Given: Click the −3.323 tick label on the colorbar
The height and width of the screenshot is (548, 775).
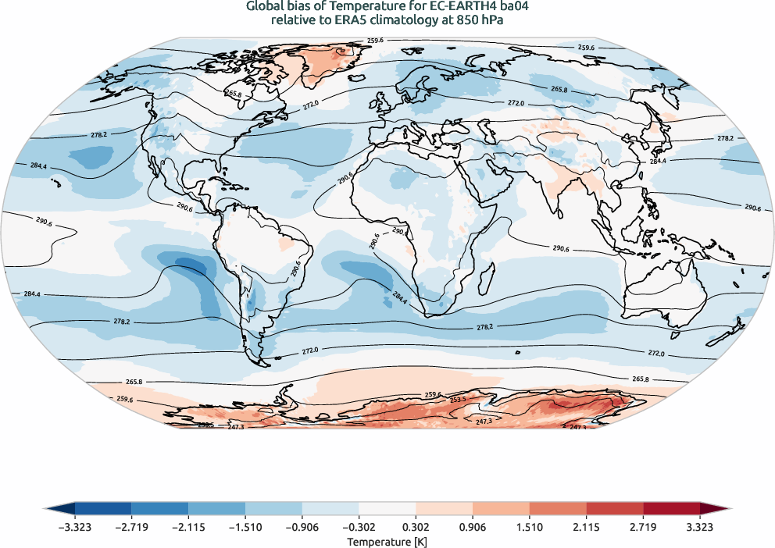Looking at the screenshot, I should (x=75, y=527).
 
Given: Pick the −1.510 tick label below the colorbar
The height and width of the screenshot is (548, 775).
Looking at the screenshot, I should (x=245, y=527).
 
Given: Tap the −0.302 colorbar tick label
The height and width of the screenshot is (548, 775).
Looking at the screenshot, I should (x=359, y=527).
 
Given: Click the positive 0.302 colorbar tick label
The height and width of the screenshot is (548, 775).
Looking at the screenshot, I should (x=416, y=527).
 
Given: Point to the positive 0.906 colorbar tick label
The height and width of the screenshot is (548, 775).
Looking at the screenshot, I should (x=473, y=527).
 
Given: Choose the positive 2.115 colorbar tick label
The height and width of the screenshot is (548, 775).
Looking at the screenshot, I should (x=586, y=527).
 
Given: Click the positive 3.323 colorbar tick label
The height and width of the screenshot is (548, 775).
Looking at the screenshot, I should (x=700, y=527).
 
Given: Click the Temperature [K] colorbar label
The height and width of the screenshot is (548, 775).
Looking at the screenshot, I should (x=387, y=541).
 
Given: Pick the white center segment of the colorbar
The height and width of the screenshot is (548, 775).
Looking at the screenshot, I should (x=387, y=509).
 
